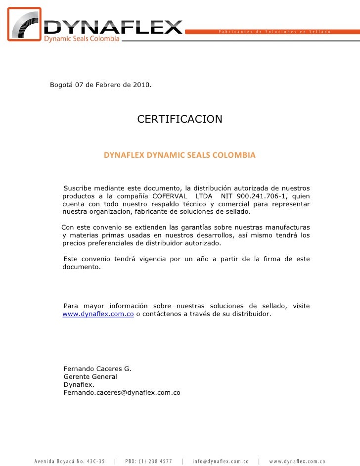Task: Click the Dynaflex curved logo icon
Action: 25,25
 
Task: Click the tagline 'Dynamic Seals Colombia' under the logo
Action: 82,39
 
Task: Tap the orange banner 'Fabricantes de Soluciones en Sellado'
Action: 274,31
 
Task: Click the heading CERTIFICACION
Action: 180,119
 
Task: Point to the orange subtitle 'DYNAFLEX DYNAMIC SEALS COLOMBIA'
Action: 180,155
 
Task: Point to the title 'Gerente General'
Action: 90,376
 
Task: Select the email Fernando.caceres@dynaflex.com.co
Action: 122,392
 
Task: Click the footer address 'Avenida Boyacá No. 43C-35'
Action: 69,461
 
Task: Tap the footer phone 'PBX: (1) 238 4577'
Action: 148,461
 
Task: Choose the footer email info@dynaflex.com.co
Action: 220,461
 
